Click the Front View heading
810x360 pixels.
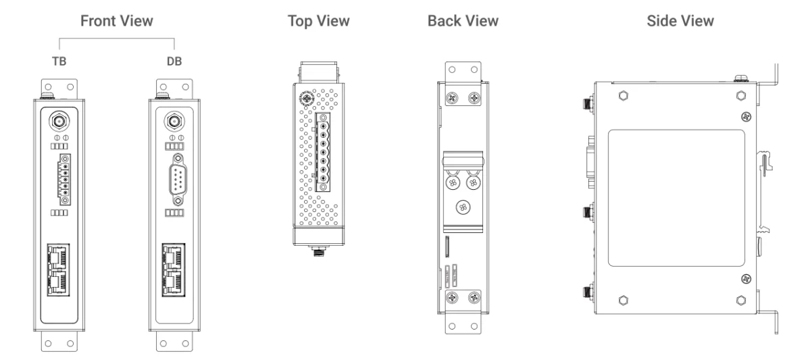116,21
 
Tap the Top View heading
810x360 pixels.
317,21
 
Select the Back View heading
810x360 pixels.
463,21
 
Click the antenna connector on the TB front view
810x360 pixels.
59,122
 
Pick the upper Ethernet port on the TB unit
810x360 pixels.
59,258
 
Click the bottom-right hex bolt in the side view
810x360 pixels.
741,300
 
